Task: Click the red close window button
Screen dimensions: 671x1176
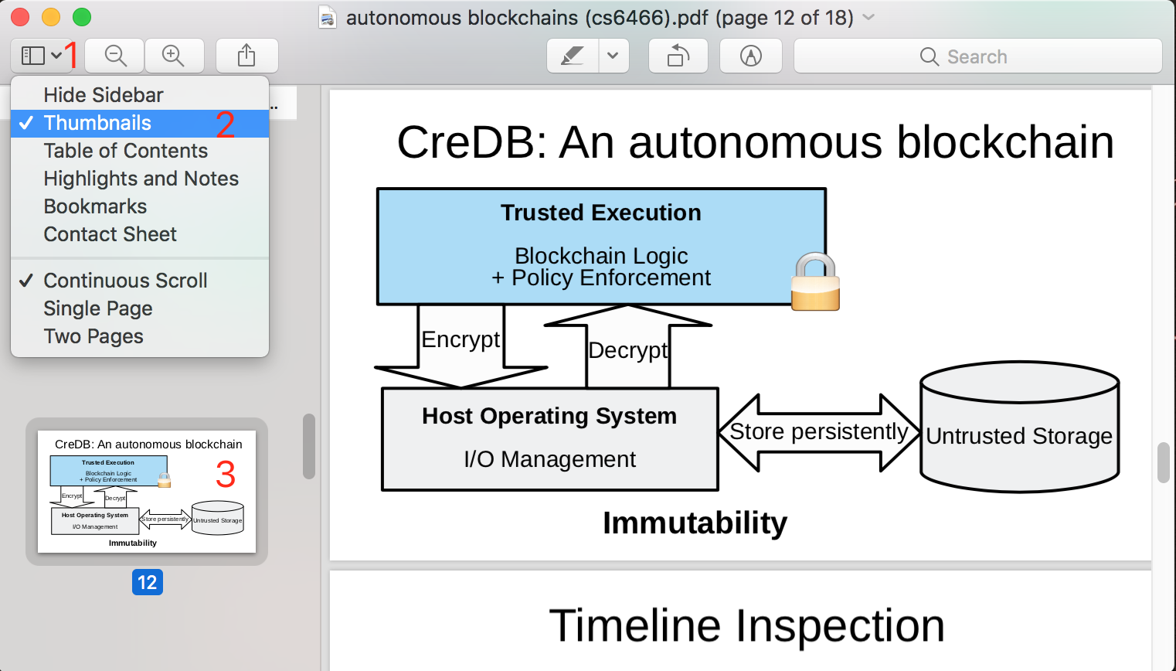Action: pos(20,17)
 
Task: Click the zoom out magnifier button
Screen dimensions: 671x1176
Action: pos(115,56)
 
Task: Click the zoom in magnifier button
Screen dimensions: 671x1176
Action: pos(174,56)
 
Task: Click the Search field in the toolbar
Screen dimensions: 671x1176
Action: pos(977,56)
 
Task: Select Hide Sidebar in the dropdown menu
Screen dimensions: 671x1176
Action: pos(104,95)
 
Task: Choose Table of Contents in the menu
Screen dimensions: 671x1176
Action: pos(125,151)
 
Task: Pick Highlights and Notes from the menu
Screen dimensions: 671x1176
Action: pos(141,179)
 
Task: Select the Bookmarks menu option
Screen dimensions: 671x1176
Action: pos(95,206)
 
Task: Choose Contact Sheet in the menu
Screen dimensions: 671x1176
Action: pos(110,234)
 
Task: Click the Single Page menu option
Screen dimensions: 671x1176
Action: pos(98,308)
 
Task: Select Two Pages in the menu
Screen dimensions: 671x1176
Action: pos(93,336)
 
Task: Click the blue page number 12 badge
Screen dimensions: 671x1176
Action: pos(147,582)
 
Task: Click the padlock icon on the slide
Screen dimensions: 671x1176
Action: pos(815,282)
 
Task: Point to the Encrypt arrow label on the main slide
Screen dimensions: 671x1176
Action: pos(461,339)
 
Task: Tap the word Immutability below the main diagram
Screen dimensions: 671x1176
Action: pos(695,523)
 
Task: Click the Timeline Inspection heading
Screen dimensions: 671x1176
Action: pos(746,625)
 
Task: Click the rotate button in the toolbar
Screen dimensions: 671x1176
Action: pos(678,56)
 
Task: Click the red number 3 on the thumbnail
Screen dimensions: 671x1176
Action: pos(225,474)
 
